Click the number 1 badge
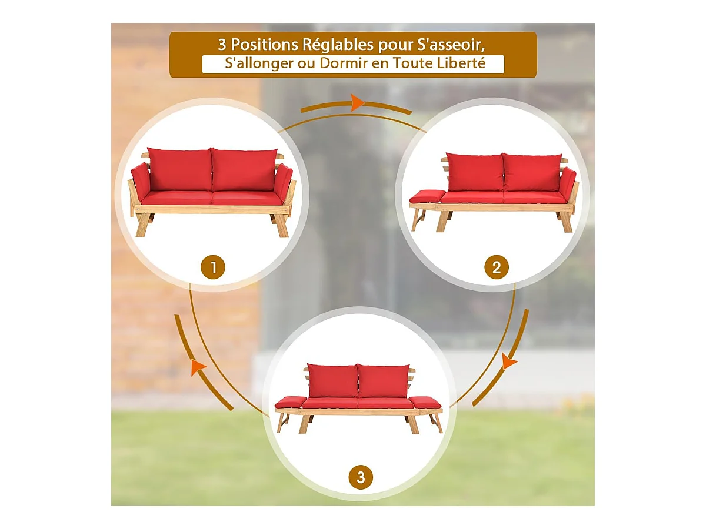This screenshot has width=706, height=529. click(212, 267)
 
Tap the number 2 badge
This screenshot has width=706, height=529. click(497, 267)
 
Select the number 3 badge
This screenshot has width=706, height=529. click(361, 477)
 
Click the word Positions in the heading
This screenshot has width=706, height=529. click(264, 45)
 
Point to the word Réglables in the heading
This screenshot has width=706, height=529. click(338, 46)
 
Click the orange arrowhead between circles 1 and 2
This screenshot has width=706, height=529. click(357, 103)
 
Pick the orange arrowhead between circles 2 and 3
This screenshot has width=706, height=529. click(509, 361)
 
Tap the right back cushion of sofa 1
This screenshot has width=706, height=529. click(244, 169)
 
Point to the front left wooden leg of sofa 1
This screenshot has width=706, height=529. click(142, 225)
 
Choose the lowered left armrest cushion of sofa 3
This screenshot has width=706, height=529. click(291, 403)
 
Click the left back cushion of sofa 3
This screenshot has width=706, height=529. click(332, 380)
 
